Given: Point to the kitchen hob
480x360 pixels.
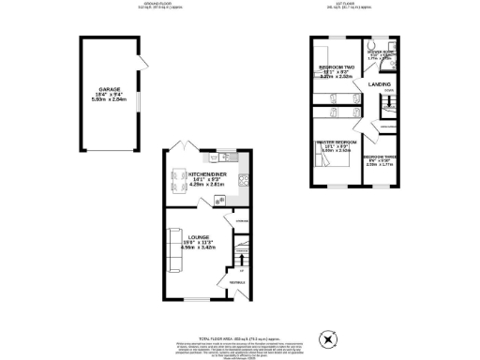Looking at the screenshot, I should pyautogui.click(x=242, y=182).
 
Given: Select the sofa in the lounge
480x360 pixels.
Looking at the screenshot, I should pyautogui.click(x=172, y=248).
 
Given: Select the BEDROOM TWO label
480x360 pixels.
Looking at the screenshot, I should pyautogui.click(x=336, y=68).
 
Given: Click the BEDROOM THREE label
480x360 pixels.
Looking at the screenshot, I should pyautogui.click(x=380, y=157).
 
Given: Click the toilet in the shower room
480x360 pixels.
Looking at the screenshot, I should pyautogui.click(x=373, y=45).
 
